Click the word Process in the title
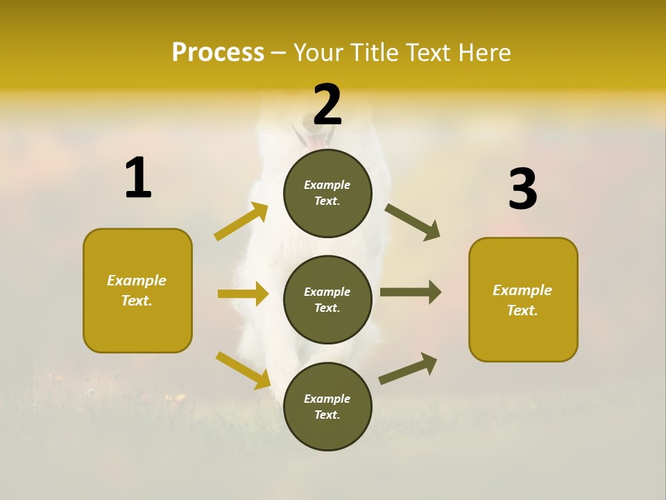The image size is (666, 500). coord(218,52)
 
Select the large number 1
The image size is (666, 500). coord(138,178)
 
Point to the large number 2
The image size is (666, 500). coord(327,104)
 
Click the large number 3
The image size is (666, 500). coord(522,190)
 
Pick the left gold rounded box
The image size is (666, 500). coord(137,290)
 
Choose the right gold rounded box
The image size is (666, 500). coord(523,299)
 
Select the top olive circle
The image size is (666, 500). coord(327,193)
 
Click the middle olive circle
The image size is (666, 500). coord(327,299)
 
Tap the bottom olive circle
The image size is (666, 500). coord(327,406)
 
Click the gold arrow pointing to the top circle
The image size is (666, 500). coord(241,222)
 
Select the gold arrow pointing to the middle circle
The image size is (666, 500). coord(243,294)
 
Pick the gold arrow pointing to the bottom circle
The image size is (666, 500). coord(243,370)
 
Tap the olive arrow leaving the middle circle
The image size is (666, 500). coord(411,292)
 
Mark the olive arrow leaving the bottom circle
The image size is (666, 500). coord(408,368)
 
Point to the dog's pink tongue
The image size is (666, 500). coord(316,142)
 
